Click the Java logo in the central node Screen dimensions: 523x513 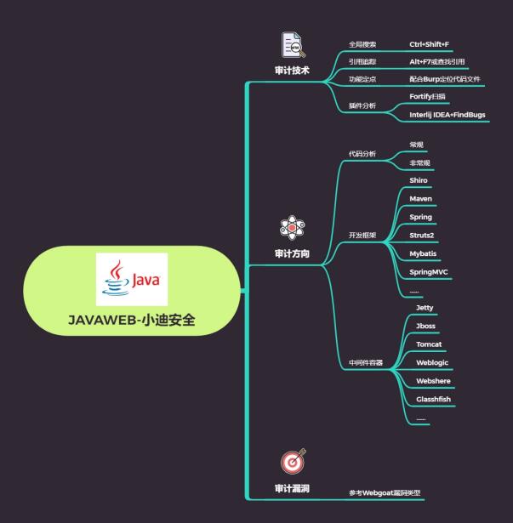(132, 279)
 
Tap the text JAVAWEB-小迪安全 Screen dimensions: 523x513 (131, 321)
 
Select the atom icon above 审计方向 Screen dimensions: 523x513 (292, 229)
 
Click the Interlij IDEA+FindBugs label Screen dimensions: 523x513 (447, 114)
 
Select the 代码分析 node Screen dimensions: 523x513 (362, 154)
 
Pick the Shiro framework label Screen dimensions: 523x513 (419, 181)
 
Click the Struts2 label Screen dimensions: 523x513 (422, 235)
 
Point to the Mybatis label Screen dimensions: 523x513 (424, 253)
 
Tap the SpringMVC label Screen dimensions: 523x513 (427, 271)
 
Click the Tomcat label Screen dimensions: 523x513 (429, 344)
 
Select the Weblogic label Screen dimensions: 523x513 (432, 362)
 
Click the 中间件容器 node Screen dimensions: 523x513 (366, 362)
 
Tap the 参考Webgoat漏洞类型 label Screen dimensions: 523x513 (385, 493)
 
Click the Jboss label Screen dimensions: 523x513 (426, 326)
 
